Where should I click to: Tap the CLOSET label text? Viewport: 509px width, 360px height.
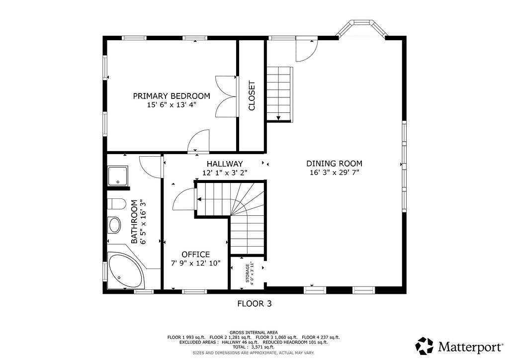coord(252,96)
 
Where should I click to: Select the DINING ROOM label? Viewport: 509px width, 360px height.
coord(334,164)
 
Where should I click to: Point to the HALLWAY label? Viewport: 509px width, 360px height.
coord(225,164)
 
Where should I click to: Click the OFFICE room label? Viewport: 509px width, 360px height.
coord(195,254)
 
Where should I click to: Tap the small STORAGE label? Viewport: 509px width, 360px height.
coord(247,273)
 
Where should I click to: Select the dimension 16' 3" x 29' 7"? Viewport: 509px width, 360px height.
coord(334,173)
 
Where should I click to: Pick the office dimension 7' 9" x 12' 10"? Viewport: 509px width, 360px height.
coord(195,263)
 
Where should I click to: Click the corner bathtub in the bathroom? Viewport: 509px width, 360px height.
coord(124,270)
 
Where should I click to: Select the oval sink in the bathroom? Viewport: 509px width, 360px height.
coord(115,225)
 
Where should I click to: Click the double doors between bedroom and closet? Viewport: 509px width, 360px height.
coord(227,96)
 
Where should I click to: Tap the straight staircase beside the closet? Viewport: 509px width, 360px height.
coord(279,93)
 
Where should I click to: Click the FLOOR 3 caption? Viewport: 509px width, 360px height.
coord(254,303)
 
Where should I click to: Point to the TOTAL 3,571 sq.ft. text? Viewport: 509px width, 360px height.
coord(254,347)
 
